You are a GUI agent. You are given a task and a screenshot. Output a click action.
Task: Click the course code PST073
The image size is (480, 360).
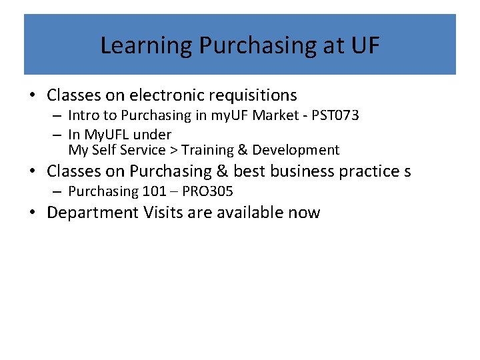click(335, 115)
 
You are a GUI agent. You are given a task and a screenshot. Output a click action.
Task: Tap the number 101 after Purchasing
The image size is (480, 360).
click(150, 192)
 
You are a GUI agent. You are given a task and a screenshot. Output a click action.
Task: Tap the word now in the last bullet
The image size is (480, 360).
click(304, 213)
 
